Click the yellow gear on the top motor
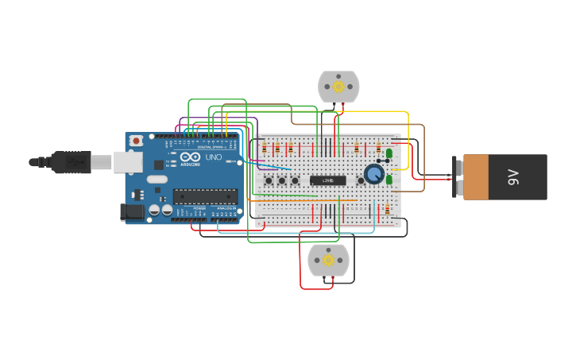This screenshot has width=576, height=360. pyautogui.click(x=338, y=86)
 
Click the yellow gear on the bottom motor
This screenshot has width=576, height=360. pyautogui.click(x=328, y=260)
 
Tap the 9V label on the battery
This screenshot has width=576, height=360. pyautogui.click(x=513, y=177)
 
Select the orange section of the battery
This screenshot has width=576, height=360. pyautogui.click(x=476, y=177)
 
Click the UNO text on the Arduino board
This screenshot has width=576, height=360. pyautogui.click(x=214, y=157)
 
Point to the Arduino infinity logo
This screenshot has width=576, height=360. pyautogui.click(x=191, y=158)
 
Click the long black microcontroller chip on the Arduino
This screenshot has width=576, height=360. pyautogui.click(x=206, y=195)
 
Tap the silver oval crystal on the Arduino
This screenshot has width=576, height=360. pyautogui.click(x=157, y=180)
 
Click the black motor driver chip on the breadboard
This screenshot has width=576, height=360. pyautogui.click(x=328, y=180)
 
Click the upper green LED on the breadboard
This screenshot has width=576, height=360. pyautogui.click(x=389, y=154)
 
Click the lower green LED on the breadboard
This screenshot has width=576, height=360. pyautogui.click(x=389, y=180)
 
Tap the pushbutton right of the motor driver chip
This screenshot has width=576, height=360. pyautogui.click(x=361, y=180)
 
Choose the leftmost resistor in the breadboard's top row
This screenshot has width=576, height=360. pyautogui.click(x=265, y=149)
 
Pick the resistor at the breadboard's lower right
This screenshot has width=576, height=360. pyautogui.click(x=387, y=210)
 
